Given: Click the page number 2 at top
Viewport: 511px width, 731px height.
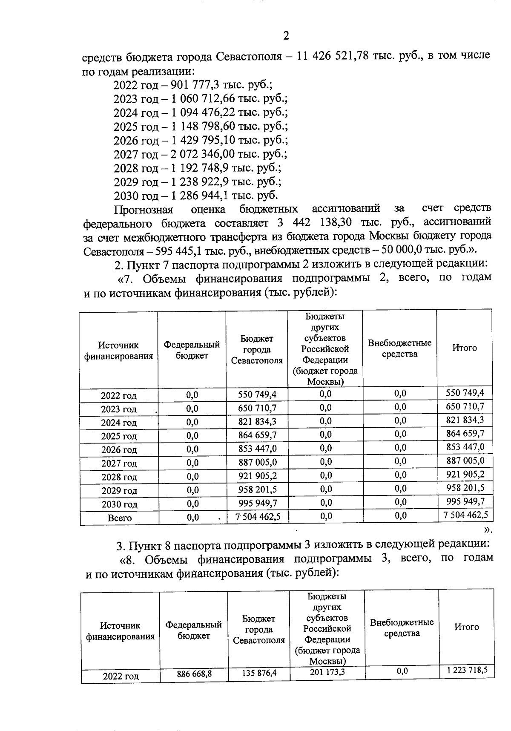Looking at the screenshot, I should [x=286, y=36].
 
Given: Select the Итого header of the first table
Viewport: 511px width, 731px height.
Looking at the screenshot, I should [x=464, y=348].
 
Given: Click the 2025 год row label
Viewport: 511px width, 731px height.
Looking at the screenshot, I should [x=119, y=436].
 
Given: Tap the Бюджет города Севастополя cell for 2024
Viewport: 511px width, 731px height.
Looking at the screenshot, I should [x=257, y=422].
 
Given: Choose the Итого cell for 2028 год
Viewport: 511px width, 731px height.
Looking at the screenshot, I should [x=465, y=475].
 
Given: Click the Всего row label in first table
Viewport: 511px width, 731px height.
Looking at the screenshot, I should [x=119, y=518].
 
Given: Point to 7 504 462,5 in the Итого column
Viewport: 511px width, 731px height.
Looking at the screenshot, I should [x=465, y=515].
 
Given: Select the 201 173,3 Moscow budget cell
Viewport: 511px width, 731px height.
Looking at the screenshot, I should [x=327, y=672].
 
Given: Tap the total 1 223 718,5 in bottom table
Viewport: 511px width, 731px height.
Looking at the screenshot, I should [x=467, y=670].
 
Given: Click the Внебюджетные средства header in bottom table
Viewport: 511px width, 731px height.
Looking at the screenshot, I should [x=402, y=627].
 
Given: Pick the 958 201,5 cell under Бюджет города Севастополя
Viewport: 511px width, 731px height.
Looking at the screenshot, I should [x=257, y=489].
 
